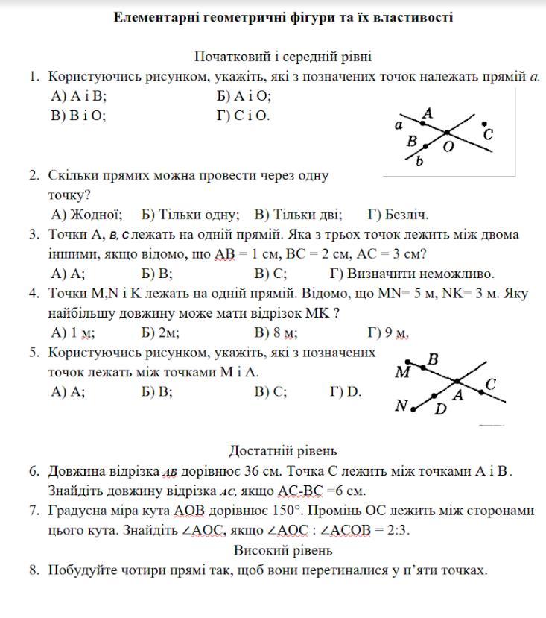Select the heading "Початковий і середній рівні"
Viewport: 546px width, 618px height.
tap(283, 57)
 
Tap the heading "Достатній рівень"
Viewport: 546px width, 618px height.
tap(283, 450)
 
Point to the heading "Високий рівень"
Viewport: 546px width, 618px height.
tap(283, 551)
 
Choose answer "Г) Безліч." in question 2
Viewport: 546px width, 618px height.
tap(398, 215)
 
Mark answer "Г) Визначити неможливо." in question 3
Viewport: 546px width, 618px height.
tap(412, 274)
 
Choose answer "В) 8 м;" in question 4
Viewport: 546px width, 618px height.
tap(276, 333)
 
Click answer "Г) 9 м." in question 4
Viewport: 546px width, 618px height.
tap(389, 333)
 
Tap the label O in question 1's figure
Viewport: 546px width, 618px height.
tap(448, 147)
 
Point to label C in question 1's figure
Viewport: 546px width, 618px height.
tap(488, 135)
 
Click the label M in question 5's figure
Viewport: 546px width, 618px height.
tap(402, 372)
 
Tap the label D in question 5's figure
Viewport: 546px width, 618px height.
tap(440, 409)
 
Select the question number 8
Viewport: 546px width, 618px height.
tap(34, 571)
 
